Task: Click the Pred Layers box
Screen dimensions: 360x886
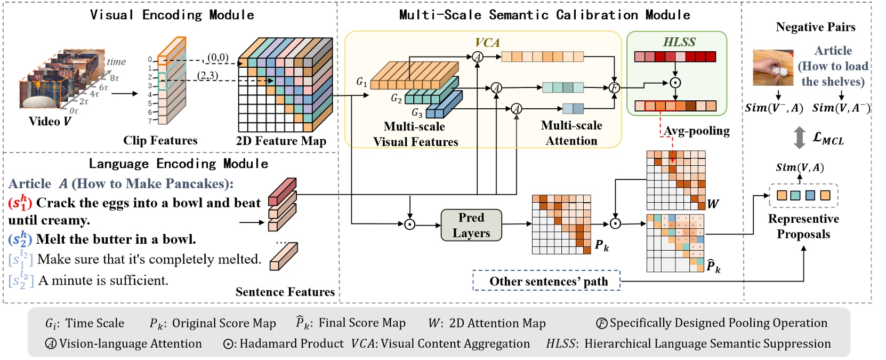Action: [471, 225]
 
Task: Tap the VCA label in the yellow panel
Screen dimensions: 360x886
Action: [487, 42]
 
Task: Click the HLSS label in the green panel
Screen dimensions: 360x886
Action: [679, 42]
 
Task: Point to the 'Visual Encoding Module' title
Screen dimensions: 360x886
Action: [172, 14]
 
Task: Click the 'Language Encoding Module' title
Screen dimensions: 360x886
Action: [178, 163]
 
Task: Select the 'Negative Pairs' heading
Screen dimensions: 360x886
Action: [815, 27]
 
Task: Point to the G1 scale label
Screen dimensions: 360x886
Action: [361, 82]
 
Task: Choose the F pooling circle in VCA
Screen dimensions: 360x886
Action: [614, 87]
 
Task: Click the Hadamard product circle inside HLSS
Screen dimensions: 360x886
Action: [675, 83]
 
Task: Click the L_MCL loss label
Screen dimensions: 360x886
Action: [828, 138]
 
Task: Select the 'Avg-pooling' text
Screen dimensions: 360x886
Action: [696, 131]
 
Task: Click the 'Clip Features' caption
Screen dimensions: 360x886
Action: [160, 140]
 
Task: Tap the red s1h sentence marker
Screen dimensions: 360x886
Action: [20, 203]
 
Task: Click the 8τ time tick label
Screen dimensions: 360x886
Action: [115, 78]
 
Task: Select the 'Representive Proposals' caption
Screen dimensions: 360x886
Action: [803, 226]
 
